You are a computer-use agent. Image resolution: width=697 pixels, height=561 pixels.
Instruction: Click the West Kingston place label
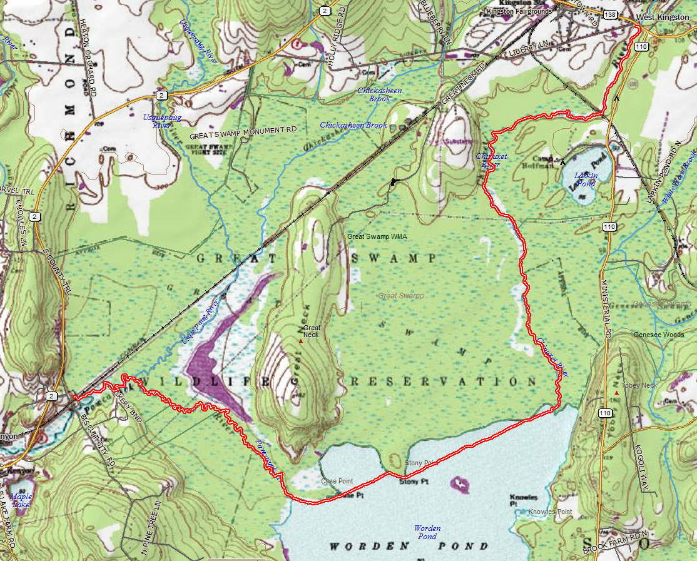point(663,17)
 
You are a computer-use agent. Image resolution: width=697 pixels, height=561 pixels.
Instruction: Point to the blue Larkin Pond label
point(586,179)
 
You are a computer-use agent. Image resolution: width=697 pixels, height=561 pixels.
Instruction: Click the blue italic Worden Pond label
point(427,532)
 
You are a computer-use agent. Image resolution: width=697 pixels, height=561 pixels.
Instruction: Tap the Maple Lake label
point(21,500)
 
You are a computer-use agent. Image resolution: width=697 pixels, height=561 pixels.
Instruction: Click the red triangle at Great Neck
point(301,341)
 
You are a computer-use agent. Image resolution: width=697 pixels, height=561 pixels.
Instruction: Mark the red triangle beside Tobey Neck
point(616,393)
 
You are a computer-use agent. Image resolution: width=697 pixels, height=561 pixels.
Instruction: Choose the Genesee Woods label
point(659,335)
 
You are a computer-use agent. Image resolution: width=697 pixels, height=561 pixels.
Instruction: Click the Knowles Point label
point(550,512)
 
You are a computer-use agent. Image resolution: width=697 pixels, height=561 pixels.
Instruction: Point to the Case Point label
point(337,481)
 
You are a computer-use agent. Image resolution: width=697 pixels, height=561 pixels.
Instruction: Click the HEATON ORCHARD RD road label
point(88,56)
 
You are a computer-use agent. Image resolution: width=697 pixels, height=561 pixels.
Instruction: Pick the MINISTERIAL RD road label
point(606,306)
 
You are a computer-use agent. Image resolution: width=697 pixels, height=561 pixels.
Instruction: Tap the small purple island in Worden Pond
point(460,483)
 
